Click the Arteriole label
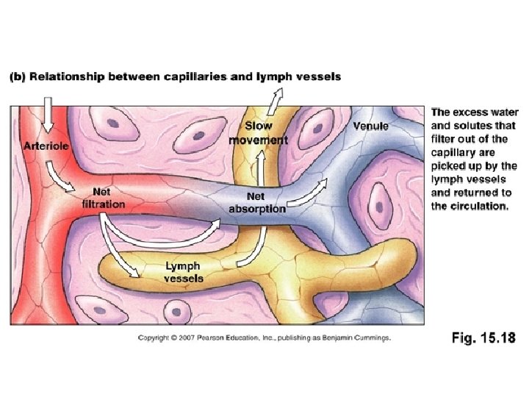[46, 146]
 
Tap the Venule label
[370, 126]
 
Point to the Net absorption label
[256, 202]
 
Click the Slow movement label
[258, 133]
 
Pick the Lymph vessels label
[184, 272]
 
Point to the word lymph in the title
[264, 76]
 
